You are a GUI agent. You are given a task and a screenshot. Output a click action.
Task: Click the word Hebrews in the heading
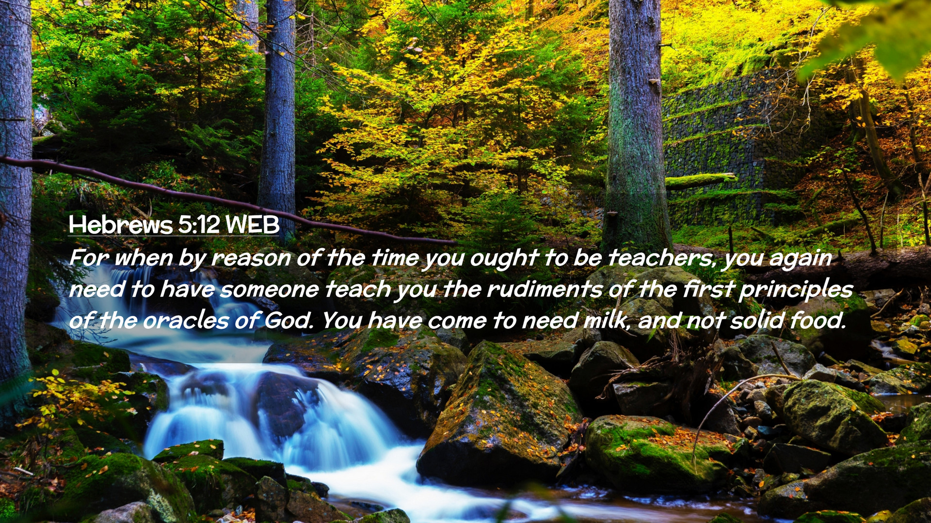(121, 225)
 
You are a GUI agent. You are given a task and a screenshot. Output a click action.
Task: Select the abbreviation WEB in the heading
(253, 225)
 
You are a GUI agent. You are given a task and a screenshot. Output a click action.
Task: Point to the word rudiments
(545, 290)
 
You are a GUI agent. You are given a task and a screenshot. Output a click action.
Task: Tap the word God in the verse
(288, 321)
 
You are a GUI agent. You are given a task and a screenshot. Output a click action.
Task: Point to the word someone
(269, 290)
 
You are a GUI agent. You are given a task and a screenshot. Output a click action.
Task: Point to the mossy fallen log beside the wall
(700, 181)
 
